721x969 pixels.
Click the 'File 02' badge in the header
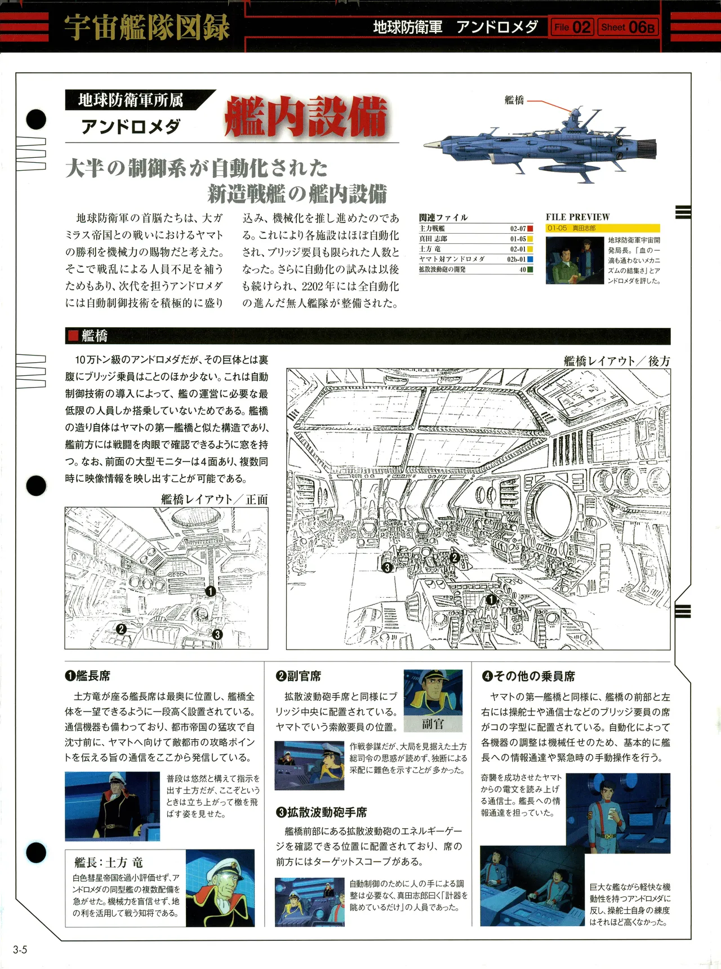point(571,27)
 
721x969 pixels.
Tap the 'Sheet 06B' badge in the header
point(628,27)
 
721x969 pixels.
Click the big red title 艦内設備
point(305,117)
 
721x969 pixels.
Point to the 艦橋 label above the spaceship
point(514,100)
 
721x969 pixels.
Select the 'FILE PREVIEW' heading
point(577,217)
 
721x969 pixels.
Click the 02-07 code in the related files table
point(518,229)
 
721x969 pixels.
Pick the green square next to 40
point(530,270)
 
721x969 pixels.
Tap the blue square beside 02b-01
point(530,260)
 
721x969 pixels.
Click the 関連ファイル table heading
point(443,217)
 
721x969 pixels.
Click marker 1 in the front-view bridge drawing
point(211,591)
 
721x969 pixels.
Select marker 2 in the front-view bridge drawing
point(121,629)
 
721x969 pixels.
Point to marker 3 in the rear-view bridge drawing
point(387,568)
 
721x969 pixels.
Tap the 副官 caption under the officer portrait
point(433,724)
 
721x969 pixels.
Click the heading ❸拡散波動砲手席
point(321,812)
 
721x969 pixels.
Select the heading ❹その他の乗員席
point(528,676)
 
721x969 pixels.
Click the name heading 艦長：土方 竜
point(109,863)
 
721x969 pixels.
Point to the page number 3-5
point(20,950)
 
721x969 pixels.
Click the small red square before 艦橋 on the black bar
point(73,336)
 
